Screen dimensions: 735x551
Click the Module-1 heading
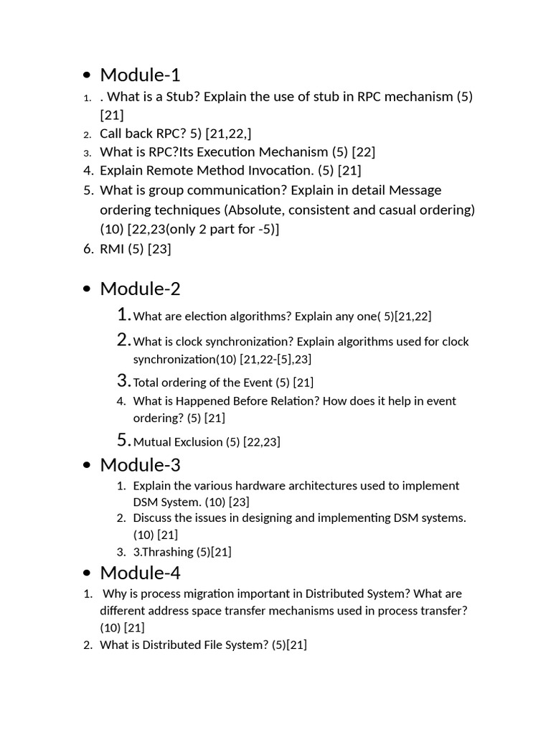(x=140, y=75)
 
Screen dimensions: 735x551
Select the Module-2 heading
(x=140, y=289)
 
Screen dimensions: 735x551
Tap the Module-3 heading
(x=140, y=464)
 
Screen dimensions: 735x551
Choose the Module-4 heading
(x=140, y=573)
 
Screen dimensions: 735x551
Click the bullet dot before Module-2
(x=87, y=289)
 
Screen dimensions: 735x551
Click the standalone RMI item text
(x=112, y=249)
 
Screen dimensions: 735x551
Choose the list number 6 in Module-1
(x=88, y=249)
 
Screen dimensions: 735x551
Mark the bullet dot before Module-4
(x=87, y=574)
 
